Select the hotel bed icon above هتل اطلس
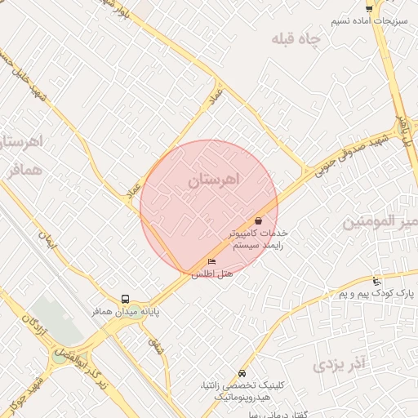click(x=212, y=261)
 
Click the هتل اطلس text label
click(x=212, y=274)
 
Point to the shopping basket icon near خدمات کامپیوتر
click(x=259, y=220)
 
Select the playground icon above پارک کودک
click(x=376, y=281)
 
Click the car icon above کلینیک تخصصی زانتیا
click(x=241, y=372)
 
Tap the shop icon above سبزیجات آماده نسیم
click(x=370, y=8)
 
